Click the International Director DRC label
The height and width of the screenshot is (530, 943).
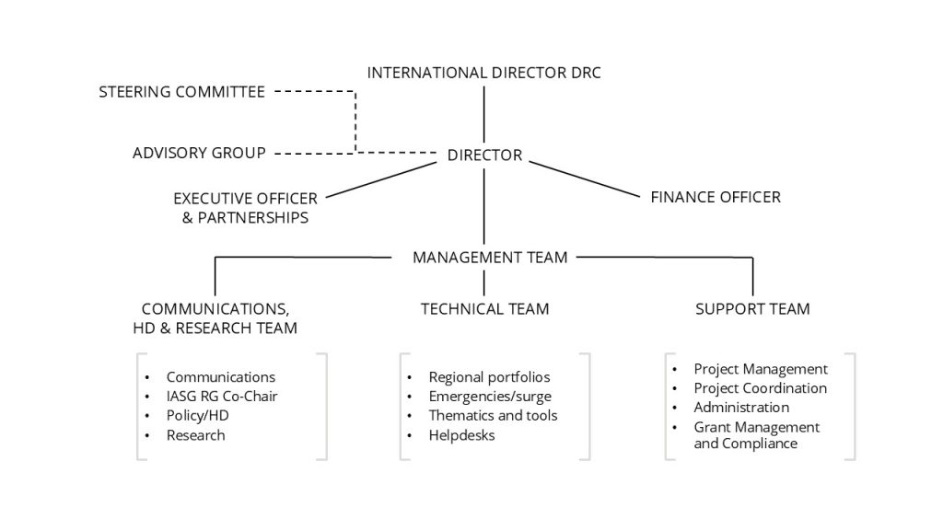(x=483, y=73)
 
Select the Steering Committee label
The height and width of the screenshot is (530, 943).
(x=181, y=92)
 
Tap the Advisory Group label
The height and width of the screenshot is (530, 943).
(x=199, y=152)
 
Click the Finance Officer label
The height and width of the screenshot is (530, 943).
(x=716, y=196)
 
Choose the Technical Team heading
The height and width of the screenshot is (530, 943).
(x=484, y=309)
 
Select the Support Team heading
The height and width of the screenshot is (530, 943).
(x=752, y=309)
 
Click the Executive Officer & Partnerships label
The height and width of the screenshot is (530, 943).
(x=245, y=208)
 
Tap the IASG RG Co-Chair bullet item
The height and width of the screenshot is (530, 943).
(x=222, y=397)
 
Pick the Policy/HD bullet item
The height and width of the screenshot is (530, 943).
(x=197, y=416)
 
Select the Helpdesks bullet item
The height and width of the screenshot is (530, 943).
(x=461, y=435)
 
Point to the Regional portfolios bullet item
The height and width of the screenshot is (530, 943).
(x=489, y=377)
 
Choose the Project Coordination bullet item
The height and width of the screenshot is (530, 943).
(x=760, y=388)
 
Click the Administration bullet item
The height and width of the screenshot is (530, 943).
(x=741, y=408)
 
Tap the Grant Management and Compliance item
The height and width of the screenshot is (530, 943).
(x=756, y=435)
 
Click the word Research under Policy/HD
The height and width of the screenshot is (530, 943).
(x=195, y=435)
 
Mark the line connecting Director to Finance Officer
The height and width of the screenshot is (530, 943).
(x=584, y=179)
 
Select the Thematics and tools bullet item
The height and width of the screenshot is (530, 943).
(x=493, y=416)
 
